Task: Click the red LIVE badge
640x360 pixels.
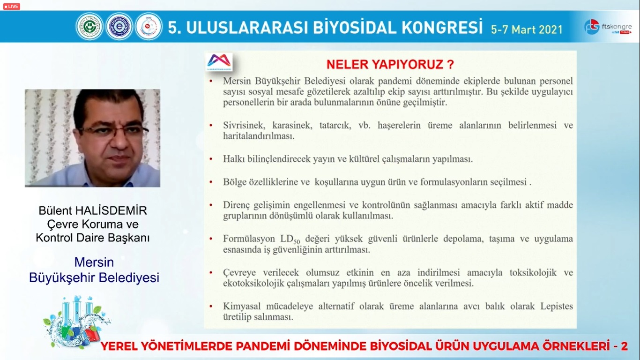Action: pyautogui.click(x=11, y=7)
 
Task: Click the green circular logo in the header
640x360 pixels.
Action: pyautogui.click(x=89, y=26)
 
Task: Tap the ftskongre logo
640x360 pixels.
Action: pyautogui.click(x=608, y=27)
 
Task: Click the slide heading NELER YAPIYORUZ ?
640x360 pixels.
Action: pyautogui.click(x=390, y=64)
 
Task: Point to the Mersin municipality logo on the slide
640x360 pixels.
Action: pyautogui.click(x=219, y=61)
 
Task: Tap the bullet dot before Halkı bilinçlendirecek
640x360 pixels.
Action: pyautogui.click(x=211, y=159)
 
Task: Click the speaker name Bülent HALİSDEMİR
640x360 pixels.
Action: pyautogui.click(x=93, y=211)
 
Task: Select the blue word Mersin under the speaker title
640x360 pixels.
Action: pyautogui.click(x=94, y=262)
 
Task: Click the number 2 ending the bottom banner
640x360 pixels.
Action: pyautogui.click(x=624, y=346)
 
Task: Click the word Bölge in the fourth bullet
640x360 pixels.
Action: pyautogui.click(x=235, y=182)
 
